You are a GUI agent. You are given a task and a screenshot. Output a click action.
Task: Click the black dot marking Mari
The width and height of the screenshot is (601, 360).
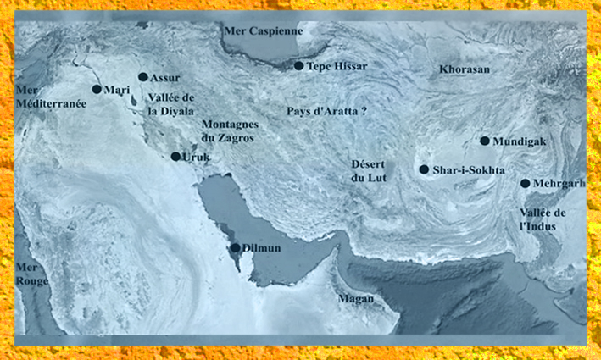pos(97,89)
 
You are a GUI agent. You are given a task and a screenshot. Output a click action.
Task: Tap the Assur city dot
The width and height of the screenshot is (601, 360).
pos(143,77)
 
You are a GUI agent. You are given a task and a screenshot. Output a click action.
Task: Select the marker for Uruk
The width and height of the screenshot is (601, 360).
pos(175,157)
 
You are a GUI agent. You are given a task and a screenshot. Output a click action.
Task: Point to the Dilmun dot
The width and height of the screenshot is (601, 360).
pos(236,248)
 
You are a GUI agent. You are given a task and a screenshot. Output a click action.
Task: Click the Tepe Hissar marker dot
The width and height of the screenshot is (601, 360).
pos(299,65)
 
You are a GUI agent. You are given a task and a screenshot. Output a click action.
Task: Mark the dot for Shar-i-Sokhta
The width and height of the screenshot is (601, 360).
pos(424,169)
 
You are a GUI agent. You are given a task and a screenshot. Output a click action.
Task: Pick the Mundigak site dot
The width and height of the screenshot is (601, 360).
pos(485,141)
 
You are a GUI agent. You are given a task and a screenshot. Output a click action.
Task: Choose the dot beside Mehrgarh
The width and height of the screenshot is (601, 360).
pos(526,184)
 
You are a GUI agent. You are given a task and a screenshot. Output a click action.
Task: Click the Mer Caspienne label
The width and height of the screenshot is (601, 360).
pos(264,30)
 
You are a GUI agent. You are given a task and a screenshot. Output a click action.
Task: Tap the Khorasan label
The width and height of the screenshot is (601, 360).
pos(465,69)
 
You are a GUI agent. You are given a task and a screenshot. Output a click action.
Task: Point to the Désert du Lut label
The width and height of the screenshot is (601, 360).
pos(368,170)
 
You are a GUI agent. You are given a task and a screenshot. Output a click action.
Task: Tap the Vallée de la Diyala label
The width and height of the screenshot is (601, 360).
pos(171,104)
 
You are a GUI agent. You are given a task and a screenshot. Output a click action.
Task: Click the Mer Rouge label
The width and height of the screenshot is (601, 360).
pos(32,274)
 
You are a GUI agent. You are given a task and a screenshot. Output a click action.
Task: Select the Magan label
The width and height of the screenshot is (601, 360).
pos(355,299)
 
